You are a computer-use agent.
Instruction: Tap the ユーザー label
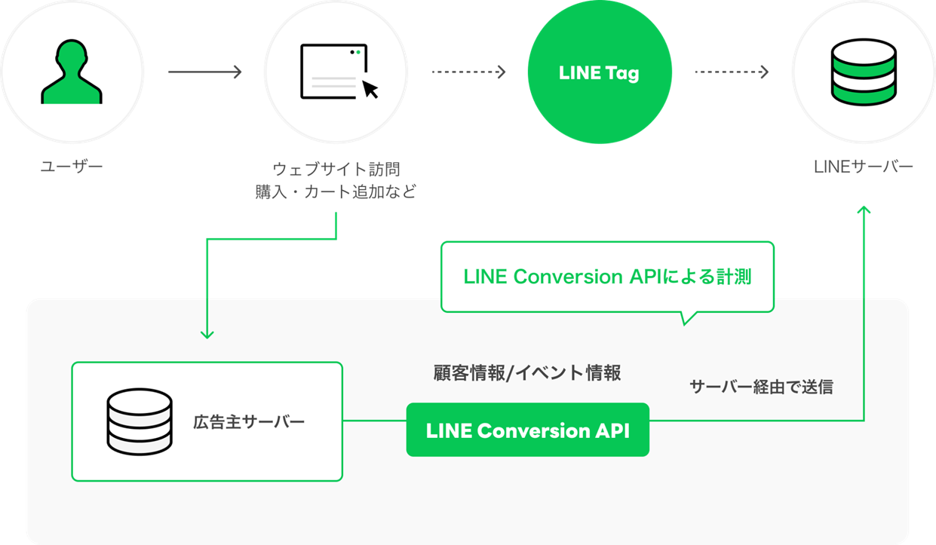(71, 166)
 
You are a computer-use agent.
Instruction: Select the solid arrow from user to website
(204, 72)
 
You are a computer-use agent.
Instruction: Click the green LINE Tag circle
(599, 72)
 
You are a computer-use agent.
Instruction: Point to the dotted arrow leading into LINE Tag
(468, 72)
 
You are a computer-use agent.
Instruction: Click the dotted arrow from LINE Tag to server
(731, 72)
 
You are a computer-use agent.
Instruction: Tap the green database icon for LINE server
(864, 72)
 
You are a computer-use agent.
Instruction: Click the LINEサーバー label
(864, 167)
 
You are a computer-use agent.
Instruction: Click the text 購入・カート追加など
(336, 192)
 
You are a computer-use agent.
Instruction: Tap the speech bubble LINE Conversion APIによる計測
(607, 277)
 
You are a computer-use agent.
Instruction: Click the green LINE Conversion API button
(527, 430)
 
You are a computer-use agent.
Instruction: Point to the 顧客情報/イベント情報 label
(527, 372)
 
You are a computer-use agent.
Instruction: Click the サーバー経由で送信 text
(761, 387)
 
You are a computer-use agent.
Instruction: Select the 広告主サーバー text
(249, 421)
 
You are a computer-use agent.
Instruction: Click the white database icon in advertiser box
(139, 421)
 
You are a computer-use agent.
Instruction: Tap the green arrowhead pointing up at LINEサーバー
(864, 209)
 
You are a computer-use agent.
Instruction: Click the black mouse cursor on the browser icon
(370, 90)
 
